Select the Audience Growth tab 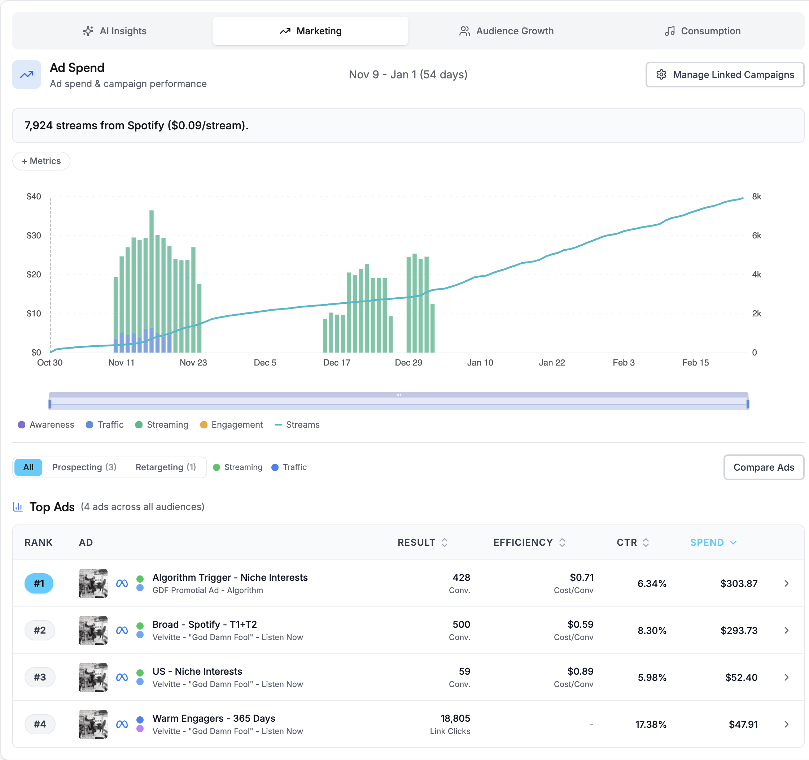click(x=506, y=31)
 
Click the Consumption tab click(x=703, y=31)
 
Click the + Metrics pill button click(x=41, y=161)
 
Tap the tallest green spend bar click(x=152, y=281)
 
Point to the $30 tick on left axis click(x=34, y=236)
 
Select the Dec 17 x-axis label click(x=337, y=363)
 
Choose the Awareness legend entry click(x=47, y=424)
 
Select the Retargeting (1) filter click(x=166, y=467)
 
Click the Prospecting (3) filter click(x=84, y=467)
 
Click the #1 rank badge click(x=39, y=583)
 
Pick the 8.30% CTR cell click(x=652, y=630)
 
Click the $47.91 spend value click(x=743, y=724)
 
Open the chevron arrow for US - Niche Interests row click(x=786, y=677)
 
